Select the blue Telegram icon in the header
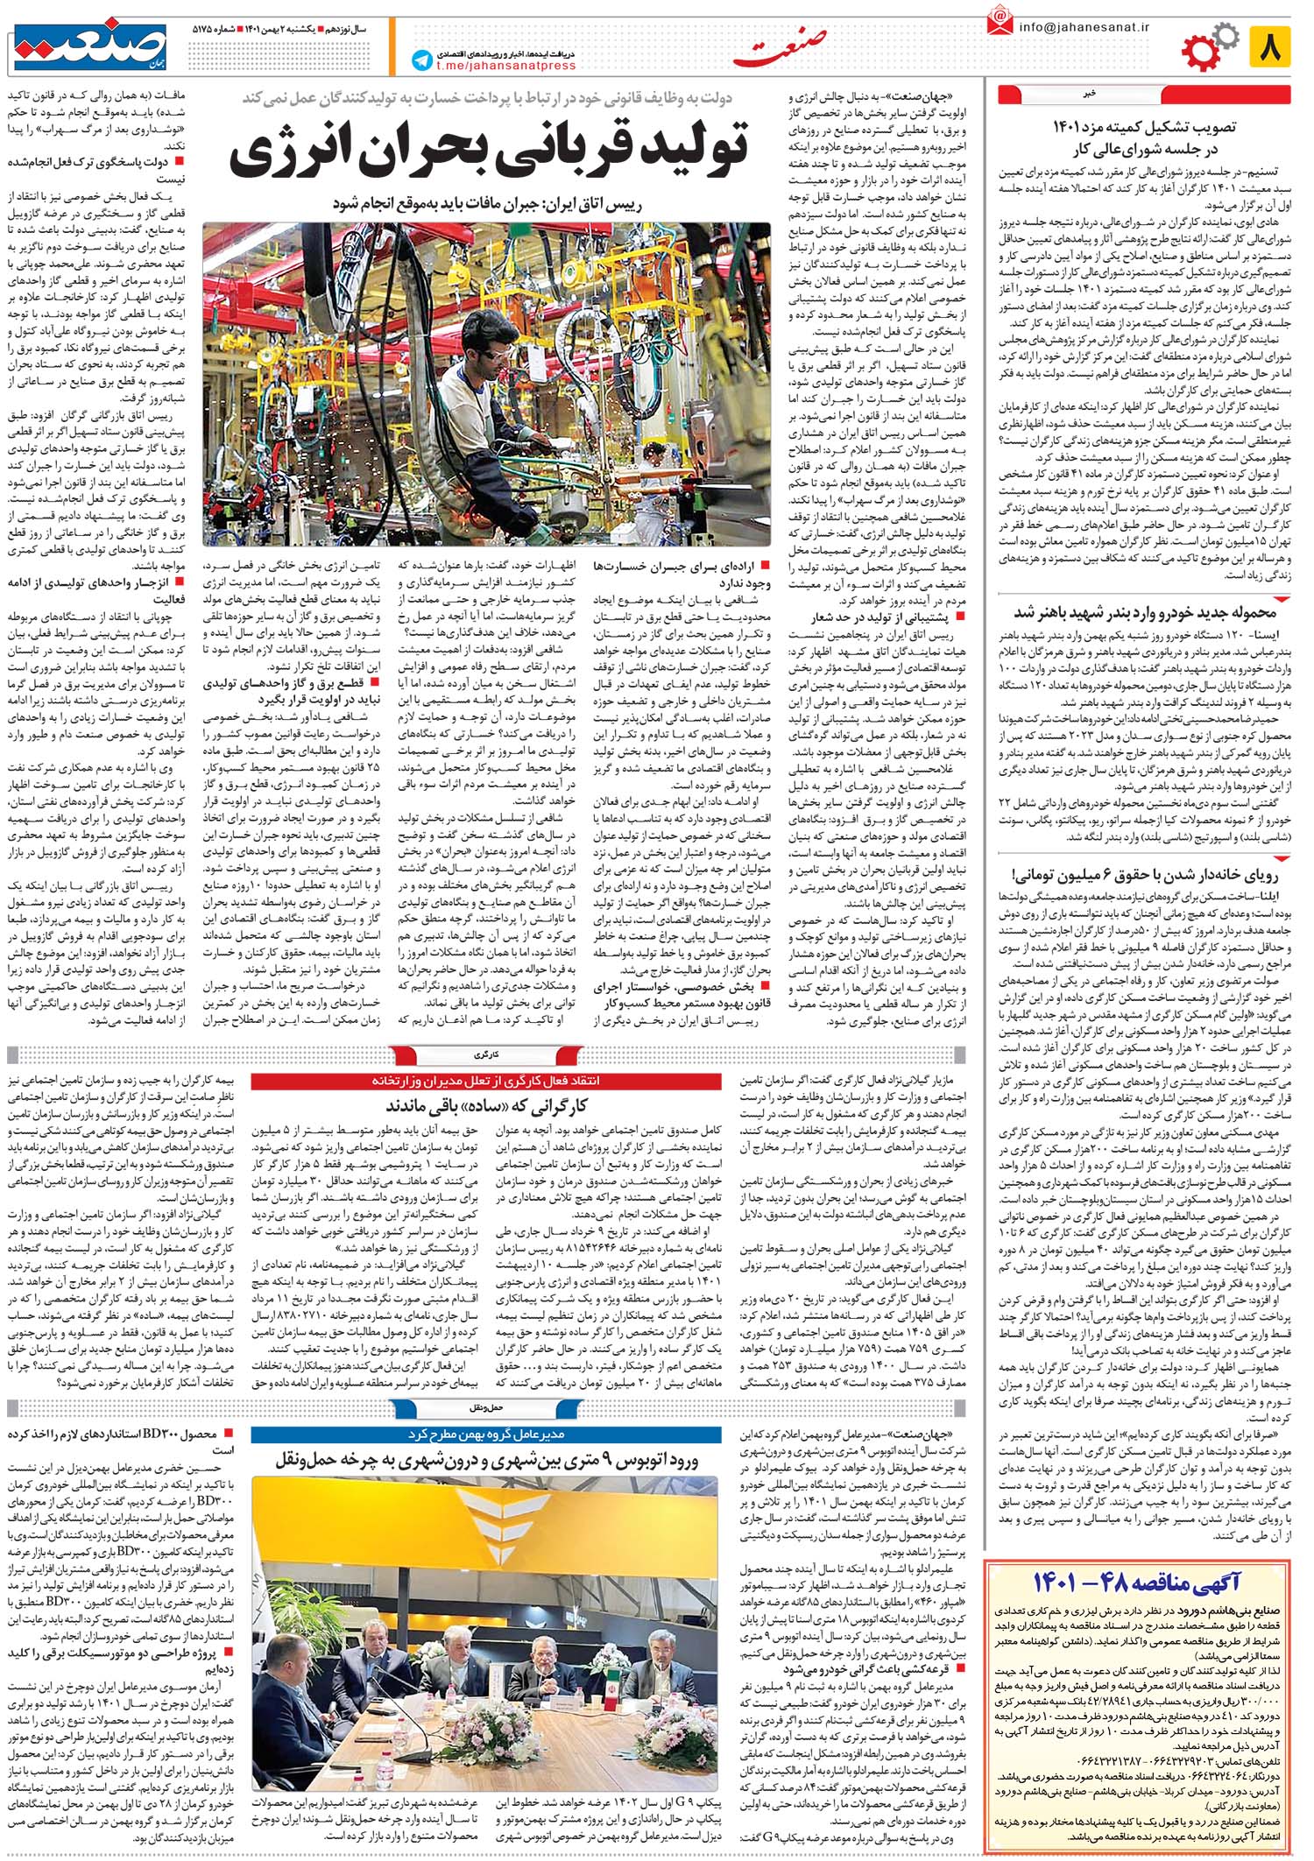[424, 60]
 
